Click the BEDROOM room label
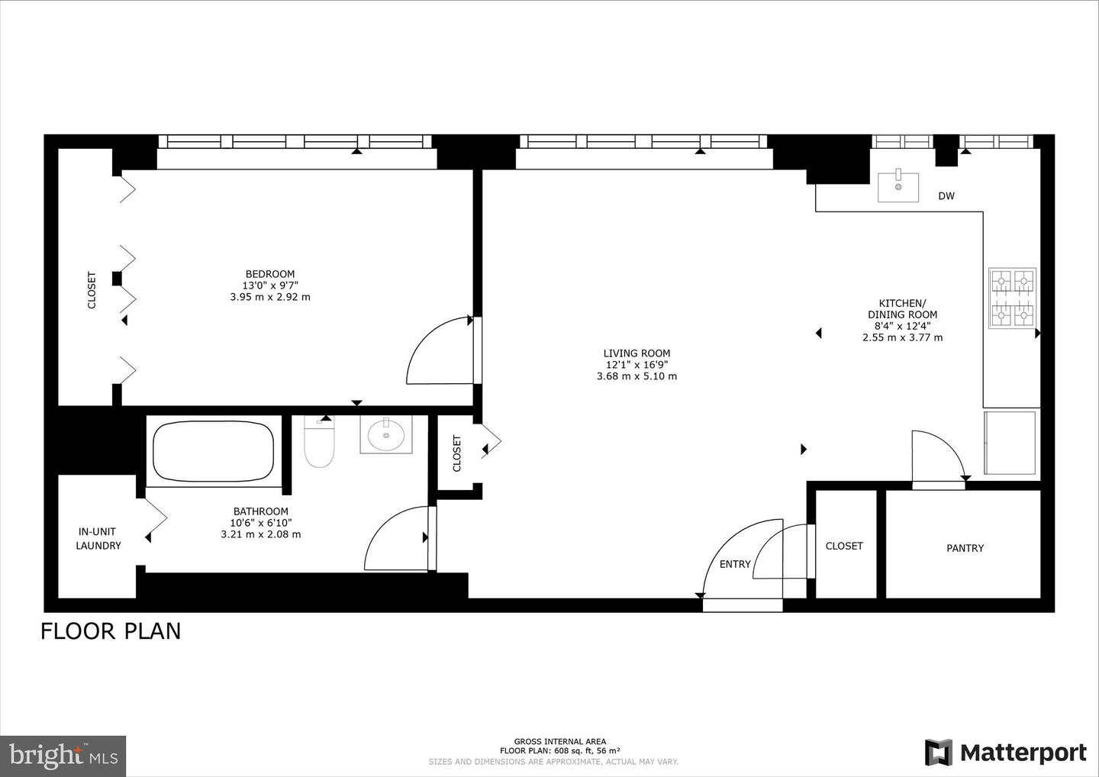[x=269, y=274]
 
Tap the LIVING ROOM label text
[x=637, y=353]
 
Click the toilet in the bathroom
[x=319, y=447]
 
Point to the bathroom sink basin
[x=386, y=435]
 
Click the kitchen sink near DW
[x=898, y=185]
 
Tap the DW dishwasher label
[x=946, y=196]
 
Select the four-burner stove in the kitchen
[x=1012, y=298]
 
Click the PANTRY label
[x=965, y=548]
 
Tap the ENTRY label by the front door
[x=735, y=564]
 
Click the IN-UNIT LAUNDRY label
[x=98, y=539]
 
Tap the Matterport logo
[x=1006, y=753]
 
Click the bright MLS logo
[x=63, y=756]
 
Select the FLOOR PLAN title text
[x=111, y=631]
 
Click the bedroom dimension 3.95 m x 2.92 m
[x=269, y=297]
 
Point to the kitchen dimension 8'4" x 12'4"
[x=902, y=326]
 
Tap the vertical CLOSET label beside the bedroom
[x=92, y=290]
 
